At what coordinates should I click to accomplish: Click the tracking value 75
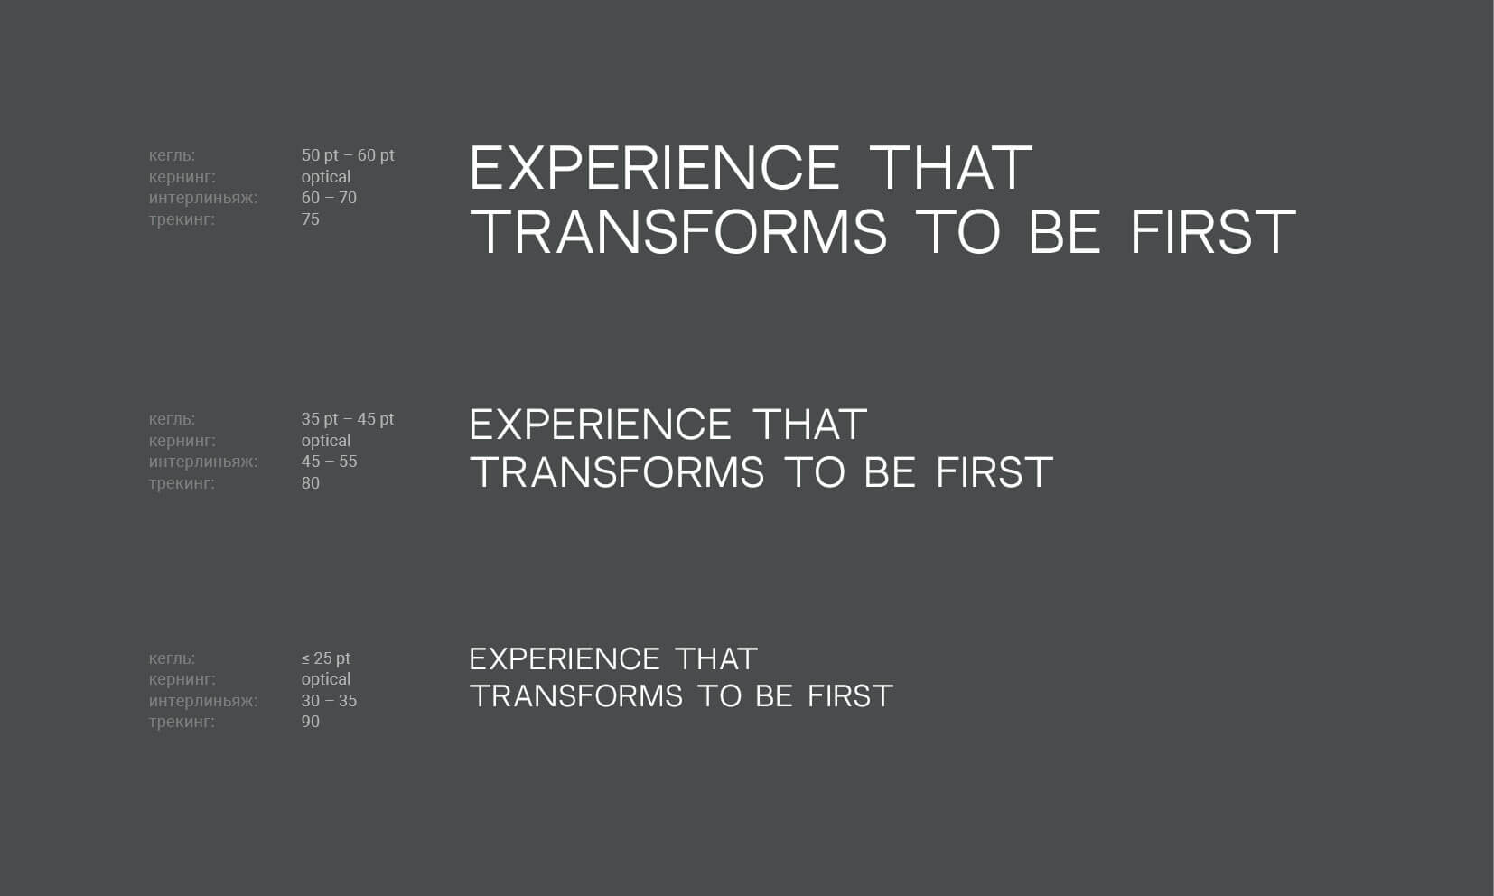(310, 219)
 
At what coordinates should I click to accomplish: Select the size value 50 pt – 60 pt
(348, 155)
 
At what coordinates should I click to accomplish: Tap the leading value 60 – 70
(329, 198)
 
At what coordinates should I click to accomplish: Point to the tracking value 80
(310, 483)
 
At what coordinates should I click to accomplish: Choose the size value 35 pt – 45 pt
(348, 419)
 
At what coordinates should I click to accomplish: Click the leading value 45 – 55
(329, 462)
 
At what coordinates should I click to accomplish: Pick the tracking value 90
(310, 722)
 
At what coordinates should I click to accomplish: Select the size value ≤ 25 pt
(325, 658)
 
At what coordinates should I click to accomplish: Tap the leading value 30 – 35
(329, 701)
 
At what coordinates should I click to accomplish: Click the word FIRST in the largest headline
(1213, 231)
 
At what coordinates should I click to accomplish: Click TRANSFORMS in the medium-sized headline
(617, 472)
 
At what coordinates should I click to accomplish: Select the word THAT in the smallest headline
(716, 659)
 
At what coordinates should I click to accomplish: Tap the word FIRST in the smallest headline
(850, 695)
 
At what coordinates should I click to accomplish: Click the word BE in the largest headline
(1065, 231)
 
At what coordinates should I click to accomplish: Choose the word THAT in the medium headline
(810, 425)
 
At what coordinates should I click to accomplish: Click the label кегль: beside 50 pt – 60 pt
(173, 156)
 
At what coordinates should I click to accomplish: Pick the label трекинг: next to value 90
(182, 723)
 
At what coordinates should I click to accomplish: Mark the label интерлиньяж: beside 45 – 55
(202, 462)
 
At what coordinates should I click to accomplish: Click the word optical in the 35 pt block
(325, 441)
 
